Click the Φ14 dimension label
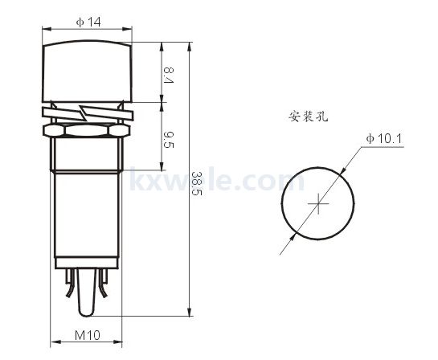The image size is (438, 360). click(x=88, y=22)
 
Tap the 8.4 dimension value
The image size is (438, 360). click(x=169, y=75)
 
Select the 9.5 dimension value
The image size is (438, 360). click(x=169, y=140)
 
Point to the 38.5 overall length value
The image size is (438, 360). click(x=196, y=183)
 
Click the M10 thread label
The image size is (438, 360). click(x=88, y=335)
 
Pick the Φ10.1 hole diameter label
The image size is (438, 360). click(x=384, y=138)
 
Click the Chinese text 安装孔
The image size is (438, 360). click(x=308, y=117)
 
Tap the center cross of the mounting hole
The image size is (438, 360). click(x=318, y=203)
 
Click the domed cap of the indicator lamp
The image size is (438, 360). click(x=87, y=72)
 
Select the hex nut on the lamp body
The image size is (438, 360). click(x=86, y=130)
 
